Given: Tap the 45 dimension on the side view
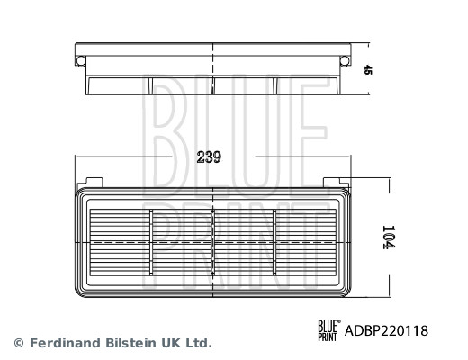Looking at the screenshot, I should click(x=368, y=69).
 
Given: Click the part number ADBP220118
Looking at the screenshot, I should click(x=388, y=331).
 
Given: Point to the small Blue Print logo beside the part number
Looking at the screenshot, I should click(x=329, y=331).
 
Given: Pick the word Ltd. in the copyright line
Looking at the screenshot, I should click(x=199, y=343).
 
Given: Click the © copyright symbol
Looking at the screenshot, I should click(x=18, y=343).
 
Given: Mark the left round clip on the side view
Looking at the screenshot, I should click(x=80, y=60).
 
